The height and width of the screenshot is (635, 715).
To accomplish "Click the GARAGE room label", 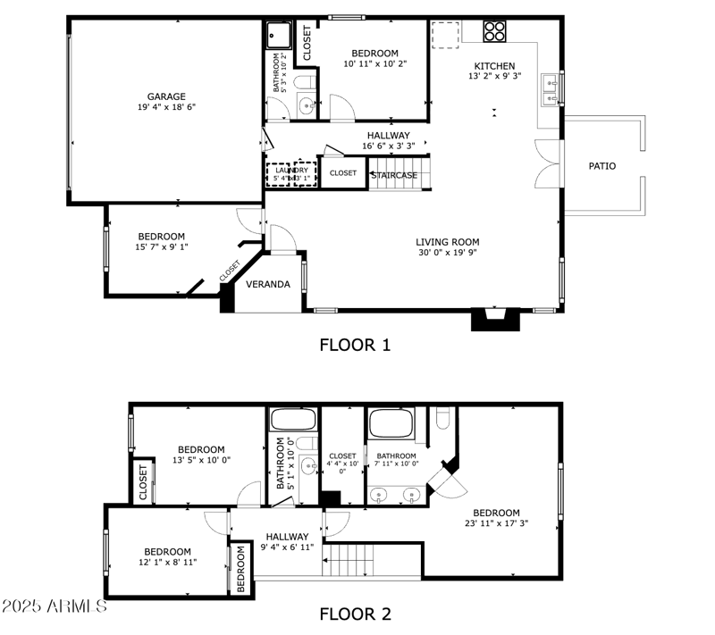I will coord(166,96).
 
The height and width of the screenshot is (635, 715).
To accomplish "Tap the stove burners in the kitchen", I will coord(494,31).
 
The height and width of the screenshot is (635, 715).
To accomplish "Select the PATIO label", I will coord(601,166).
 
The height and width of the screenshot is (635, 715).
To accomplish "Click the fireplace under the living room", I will coord(494,320).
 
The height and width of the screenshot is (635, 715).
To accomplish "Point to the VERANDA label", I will coord(268,285).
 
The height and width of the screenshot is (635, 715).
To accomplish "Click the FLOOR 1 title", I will coord(355,345).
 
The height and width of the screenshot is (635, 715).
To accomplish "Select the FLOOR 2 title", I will coord(355,614).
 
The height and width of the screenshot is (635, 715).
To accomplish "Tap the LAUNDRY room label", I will coord(291,171).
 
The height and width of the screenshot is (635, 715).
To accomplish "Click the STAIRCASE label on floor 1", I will coord(394,175).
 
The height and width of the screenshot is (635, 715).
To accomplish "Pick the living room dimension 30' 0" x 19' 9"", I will coord(447,254).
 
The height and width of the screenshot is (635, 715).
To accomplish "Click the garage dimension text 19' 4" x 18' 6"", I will coord(166,107).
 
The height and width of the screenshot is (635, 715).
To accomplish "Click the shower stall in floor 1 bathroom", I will coord(279,36).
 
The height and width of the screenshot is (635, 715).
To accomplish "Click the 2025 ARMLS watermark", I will coord(54,606).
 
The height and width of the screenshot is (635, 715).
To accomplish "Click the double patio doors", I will coord(547,164).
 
